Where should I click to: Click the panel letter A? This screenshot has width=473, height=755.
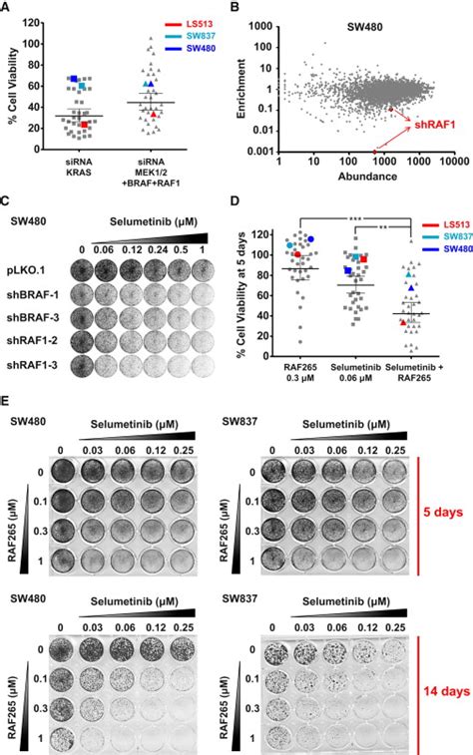point(8,8)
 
